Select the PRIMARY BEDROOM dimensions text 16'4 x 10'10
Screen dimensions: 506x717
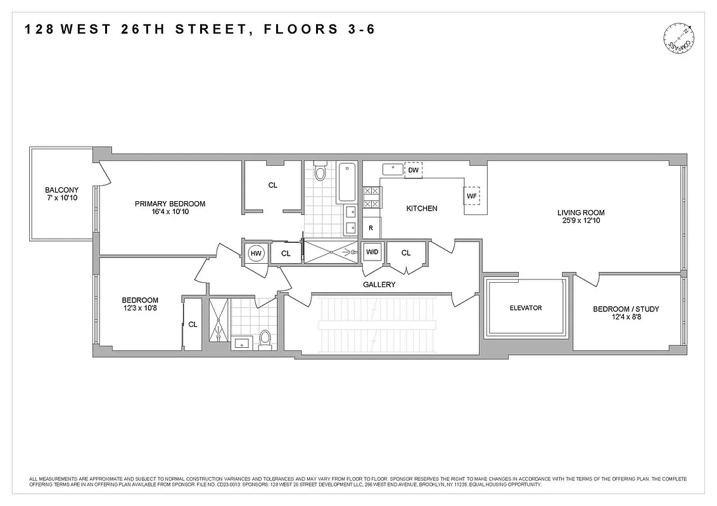(x=170, y=212)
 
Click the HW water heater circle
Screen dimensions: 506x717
(x=256, y=253)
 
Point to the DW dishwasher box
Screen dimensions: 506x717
(x=413, y=170)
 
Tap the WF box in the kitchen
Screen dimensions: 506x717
(x=471, y=196)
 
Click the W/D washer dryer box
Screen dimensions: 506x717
(x=372, y=253)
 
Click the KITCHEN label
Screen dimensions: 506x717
(x=421, y=208)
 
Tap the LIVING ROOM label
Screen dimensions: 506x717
(x=581, y=213)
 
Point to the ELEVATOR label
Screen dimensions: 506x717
(x=526, y=308)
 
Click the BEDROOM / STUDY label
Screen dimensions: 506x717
(x=626, y=309)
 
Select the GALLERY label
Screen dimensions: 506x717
(x=379, y=285)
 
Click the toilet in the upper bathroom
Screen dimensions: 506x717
(x=320, y=171)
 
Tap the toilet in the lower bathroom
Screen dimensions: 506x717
(x=265, y=339)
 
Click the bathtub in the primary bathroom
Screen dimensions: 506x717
(x=347, y=182)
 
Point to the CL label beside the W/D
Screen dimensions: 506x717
(x=406, y=253)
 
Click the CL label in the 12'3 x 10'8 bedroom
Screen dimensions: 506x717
(x=193, y=324)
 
